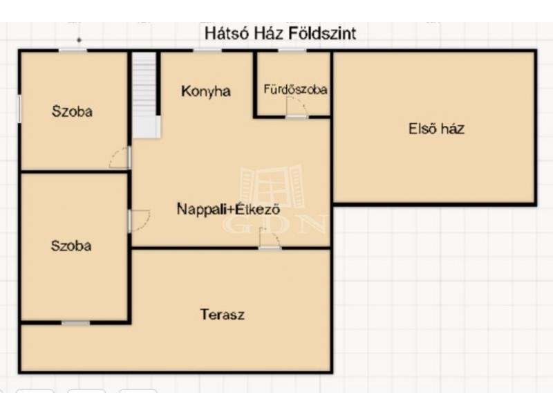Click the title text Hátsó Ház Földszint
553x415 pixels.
[x=281, y=33]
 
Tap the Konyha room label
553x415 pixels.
[x=206, y=91]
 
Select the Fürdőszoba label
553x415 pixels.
[x=295, y=89]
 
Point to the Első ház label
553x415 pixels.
[x=436, y=129]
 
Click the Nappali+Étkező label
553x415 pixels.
[x=229, y=209]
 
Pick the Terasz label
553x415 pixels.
[x=222, y=314]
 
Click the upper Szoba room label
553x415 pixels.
[x=72, y=111]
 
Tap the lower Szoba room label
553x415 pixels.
[x=71, y=246]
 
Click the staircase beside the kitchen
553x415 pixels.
[x=147, y=95]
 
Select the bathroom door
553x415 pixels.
[x=297, y=107]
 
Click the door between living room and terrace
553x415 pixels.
[x=270, y=238]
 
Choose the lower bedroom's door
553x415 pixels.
[x=139, y=221]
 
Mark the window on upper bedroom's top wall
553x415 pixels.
[x=73, y=50]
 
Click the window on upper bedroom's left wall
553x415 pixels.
[x=20, y=109]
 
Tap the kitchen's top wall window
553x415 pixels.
[x=208, y=50]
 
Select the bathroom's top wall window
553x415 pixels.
[x=292, y=50]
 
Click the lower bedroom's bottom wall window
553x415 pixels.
[x=75, y=322]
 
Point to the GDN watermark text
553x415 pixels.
[x=273, y=224]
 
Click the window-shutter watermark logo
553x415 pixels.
[x=272, y=186]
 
